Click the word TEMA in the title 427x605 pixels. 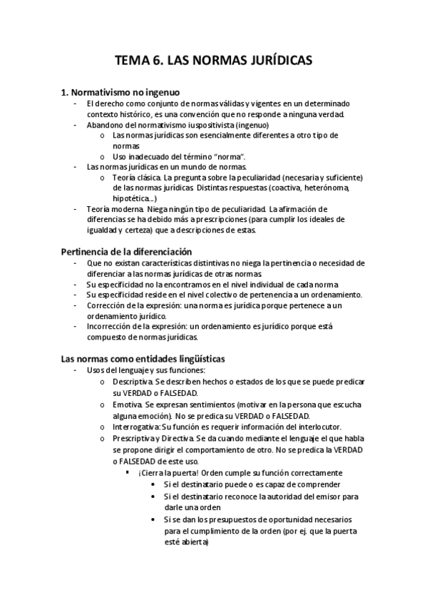(135, 61)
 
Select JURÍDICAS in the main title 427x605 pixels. (279, 61)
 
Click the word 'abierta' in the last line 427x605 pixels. (192, 541)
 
